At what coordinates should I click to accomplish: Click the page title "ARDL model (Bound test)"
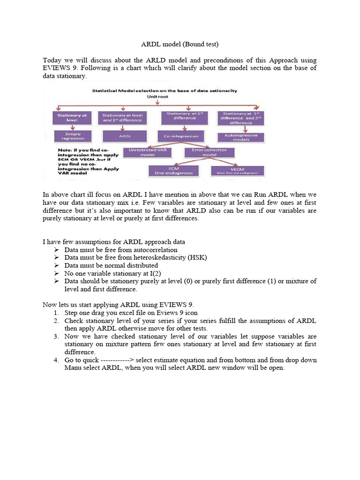[180, 45]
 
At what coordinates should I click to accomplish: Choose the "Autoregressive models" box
[241, 137]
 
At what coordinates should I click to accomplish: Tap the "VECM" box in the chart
[237, 171]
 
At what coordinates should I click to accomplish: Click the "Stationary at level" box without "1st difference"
[72, 117]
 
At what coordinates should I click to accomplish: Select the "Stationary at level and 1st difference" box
[123, 117]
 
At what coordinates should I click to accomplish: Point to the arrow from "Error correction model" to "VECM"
[225, 162]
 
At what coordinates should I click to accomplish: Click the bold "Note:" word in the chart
[64, 150]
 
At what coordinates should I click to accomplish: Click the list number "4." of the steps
[55, 360]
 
